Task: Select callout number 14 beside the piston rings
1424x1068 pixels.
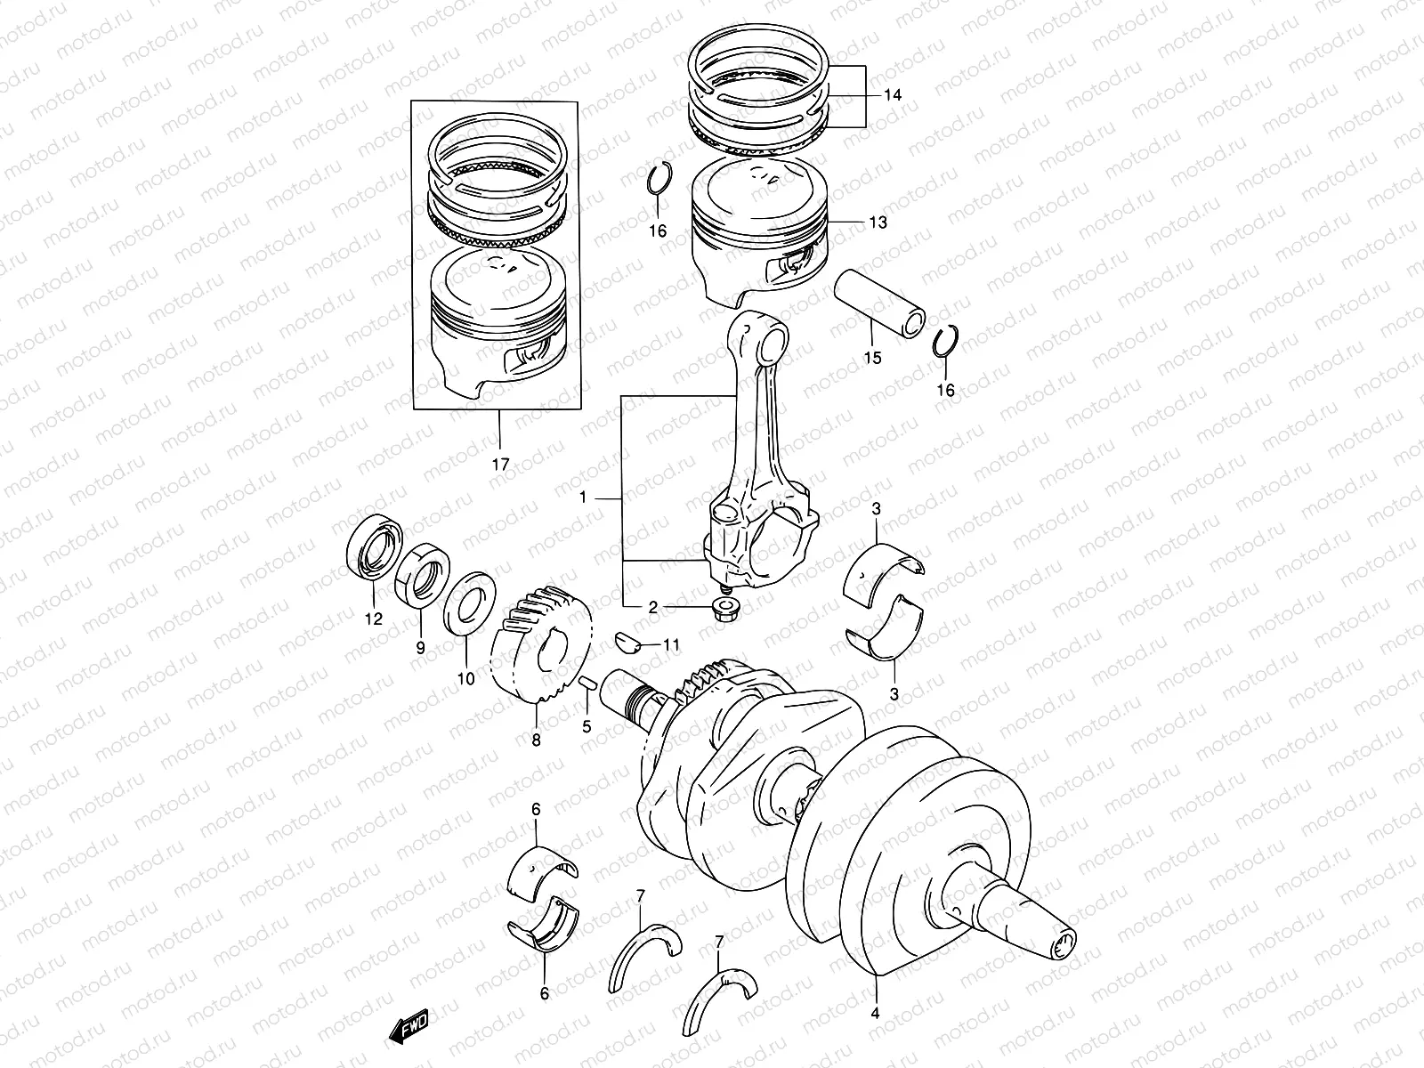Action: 893,94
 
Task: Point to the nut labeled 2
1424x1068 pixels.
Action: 722,610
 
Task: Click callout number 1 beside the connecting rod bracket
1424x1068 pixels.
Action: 584,499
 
